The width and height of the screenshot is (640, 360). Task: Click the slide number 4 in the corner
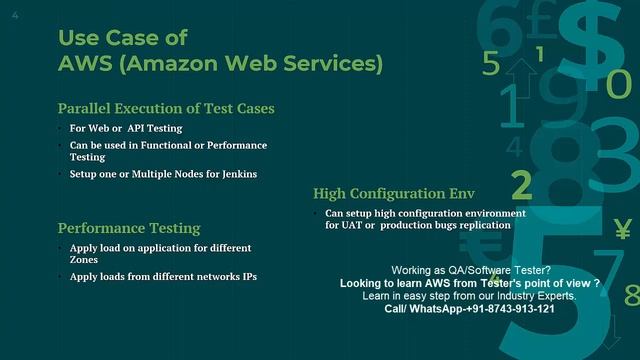[x=15, y=16]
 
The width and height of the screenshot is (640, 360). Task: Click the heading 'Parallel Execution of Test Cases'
[x=166, y=108]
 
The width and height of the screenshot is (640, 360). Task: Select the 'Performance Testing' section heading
[x=129, y=228]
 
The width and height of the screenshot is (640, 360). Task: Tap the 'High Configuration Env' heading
[x=393, y=193]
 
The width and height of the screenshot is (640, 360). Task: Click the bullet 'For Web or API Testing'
[x=120, y=129]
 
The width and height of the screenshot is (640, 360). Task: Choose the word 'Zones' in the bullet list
[x=85, y=259]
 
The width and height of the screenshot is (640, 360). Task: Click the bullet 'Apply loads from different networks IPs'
[x=163, y=275]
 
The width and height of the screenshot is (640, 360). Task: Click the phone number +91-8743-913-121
[x=503, y=309]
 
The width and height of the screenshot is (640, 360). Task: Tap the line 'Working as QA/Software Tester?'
[x=469, y=271]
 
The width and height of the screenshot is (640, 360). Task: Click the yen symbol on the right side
[x=622, y=225]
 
